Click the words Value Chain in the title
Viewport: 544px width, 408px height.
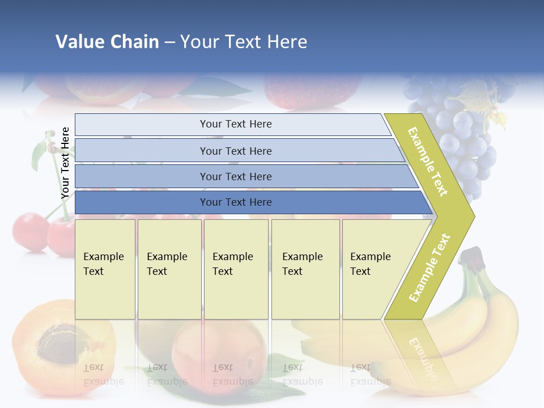pyautogui.click(x=107, y=42)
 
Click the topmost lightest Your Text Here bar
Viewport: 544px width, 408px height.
pyautogui.click(x=235, y=124)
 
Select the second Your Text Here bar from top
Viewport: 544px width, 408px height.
pyautogui.click(x=235, y=151)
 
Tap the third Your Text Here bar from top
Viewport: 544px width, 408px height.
pyautogui.click(x=235, y=176)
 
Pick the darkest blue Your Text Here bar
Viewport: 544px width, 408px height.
pyautogui.click(x=235, y=202)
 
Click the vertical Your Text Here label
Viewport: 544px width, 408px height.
pyautogui.click(x=65, y=163)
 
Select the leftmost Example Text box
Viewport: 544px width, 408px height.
pyautogui.click(x=105, y=269)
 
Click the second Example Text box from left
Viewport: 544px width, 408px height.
pyautogui.click(x=169, y=269)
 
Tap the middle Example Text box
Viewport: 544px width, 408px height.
pyautogui.click(x=235, y=269)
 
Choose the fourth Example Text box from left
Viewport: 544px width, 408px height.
pyautogui.click(x=305, y=269)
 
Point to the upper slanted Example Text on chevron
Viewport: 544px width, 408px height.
pyautogui.click(x=428, y=161)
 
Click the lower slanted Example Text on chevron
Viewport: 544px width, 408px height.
pyautogui.click(x=430, y=267)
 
